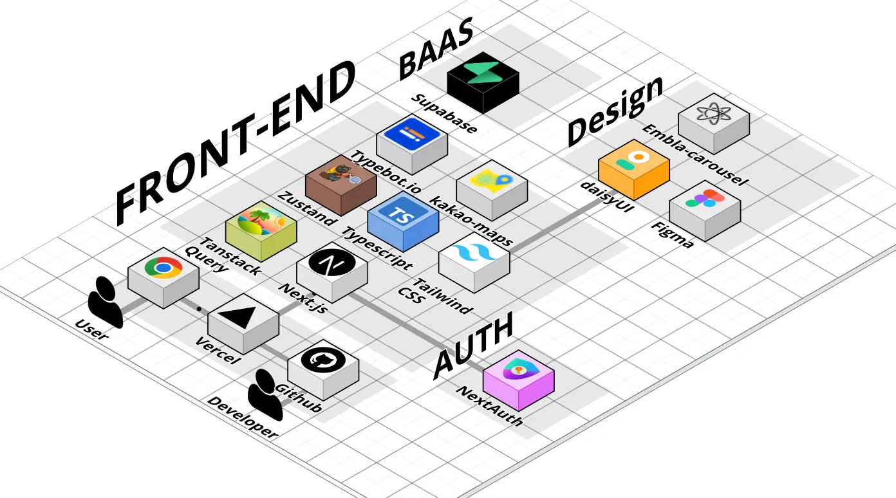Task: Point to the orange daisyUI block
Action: point(634,163)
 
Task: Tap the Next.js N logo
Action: point(332,264)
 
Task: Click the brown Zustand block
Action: point(341,180)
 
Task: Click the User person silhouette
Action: point(105,302)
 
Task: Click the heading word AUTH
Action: point(472,346)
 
